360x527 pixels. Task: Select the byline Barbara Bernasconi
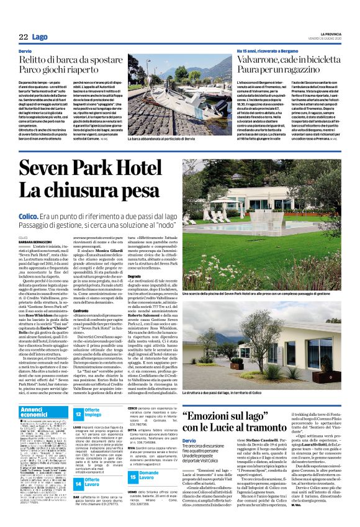(36, 242)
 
